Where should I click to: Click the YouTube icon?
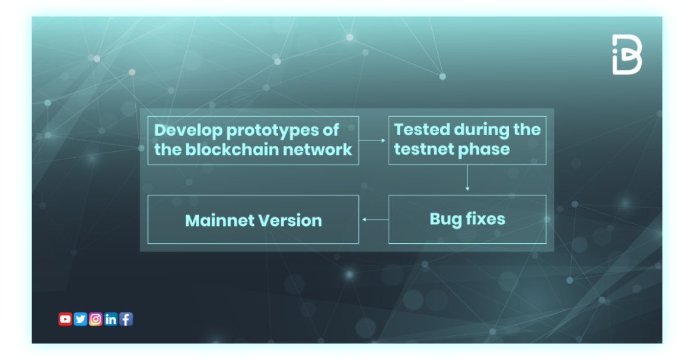[x=65, y=319]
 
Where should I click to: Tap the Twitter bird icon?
[x=81, y=319]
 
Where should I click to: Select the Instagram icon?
[x=95, y=319]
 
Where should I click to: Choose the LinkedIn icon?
[x=111, y=319]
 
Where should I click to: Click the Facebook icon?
[x=126, y=319]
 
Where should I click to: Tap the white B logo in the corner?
[x=627, y=54]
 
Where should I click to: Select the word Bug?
[x=445, y=219]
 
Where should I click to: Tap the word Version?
[x=291, y=221]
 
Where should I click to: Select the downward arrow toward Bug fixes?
[x=467, y=177]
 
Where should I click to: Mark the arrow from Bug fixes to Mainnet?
[x=374, y=219]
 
